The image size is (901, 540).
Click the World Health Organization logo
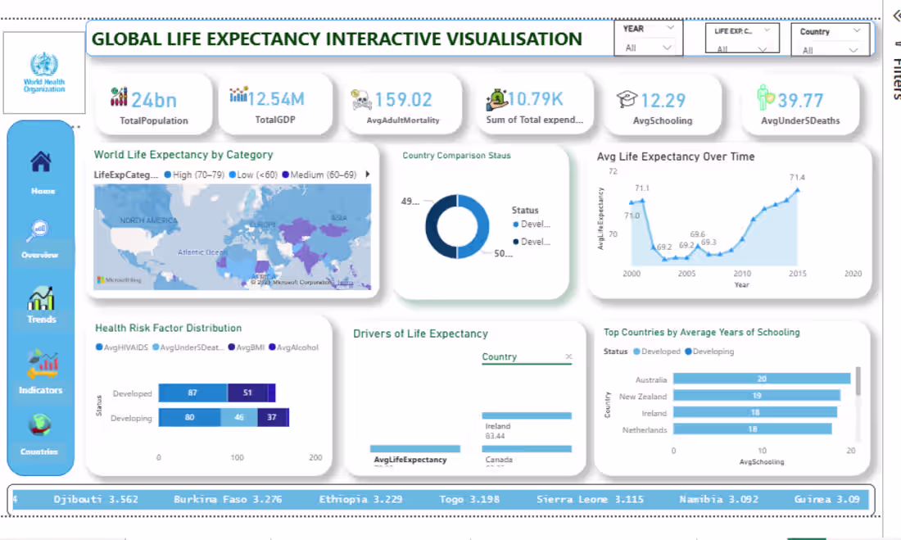(44, 73)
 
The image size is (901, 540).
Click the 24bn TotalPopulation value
(154, 100)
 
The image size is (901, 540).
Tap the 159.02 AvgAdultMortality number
(403, 100)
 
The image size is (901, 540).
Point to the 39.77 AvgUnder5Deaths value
(800, 100)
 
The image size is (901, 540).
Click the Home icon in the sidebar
(42, 163)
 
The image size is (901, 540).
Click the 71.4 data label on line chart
(796, 178)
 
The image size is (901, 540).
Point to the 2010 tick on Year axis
(742, 274)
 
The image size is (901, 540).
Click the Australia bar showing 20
(761, 379)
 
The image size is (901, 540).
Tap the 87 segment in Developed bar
(192, 393)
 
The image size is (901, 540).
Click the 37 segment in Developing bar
(271, 418)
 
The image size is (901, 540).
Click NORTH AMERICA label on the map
(149, 221)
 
